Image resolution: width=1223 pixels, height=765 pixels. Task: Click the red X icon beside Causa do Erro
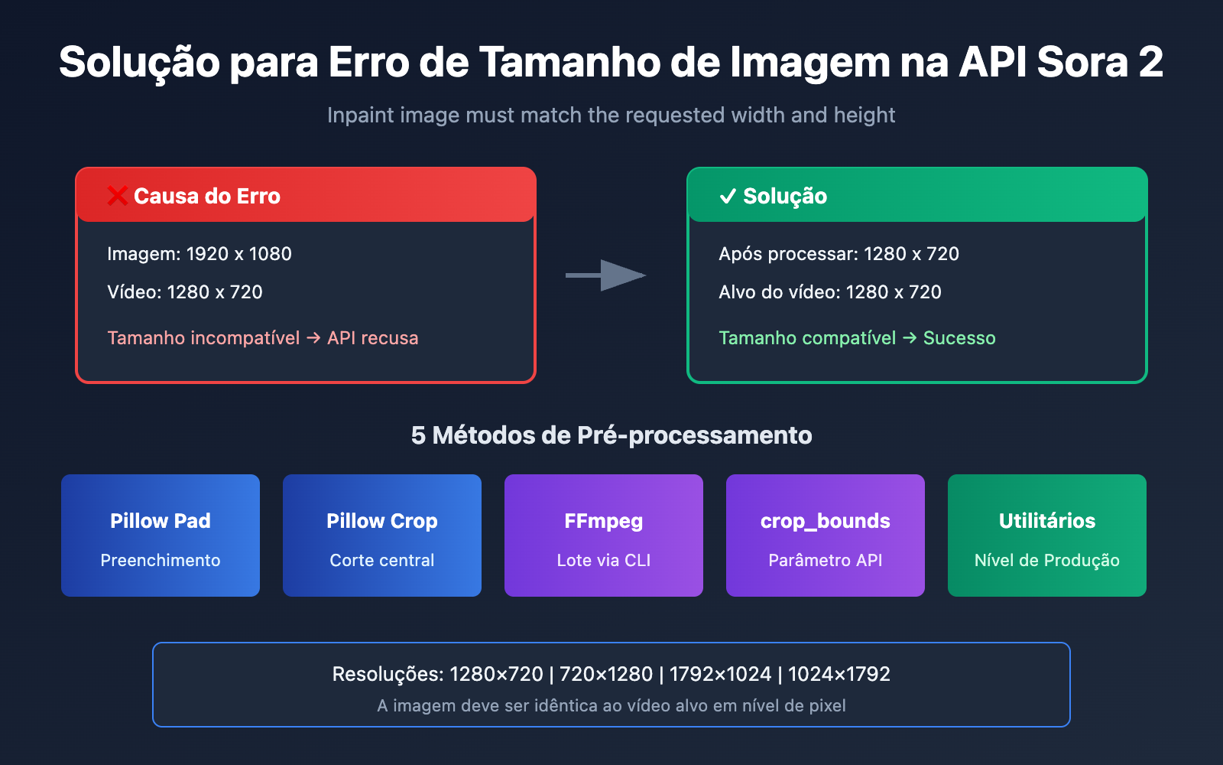(117, 196)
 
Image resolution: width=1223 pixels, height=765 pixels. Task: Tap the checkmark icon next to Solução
(728, 197)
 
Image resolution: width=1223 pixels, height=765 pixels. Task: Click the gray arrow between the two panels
(606, 275)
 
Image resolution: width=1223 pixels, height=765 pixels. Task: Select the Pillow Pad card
(161, 535)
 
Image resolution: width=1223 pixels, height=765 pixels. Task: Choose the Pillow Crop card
(382, 535)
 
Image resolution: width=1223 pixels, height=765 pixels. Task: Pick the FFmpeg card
(604, 535)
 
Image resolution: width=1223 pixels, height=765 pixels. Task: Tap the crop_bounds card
(826, 535)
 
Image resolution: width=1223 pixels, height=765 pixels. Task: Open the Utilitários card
(1047, 535)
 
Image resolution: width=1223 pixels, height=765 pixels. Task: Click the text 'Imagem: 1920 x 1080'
(200, 254)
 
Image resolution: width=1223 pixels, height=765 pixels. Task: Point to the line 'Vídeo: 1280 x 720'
(185, 292)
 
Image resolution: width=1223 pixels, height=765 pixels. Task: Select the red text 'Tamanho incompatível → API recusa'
(263, 338)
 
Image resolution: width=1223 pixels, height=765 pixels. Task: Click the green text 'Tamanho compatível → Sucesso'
(857, 338)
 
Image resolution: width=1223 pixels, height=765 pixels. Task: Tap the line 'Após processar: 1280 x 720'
(839, 254)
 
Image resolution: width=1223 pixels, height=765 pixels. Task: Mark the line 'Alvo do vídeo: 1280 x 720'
(830, 292)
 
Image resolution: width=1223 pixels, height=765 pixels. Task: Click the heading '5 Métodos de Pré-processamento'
(611, 435)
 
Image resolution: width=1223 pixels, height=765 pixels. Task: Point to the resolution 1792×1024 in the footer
(720, 674)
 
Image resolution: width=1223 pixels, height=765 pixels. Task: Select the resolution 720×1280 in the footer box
(606, 674)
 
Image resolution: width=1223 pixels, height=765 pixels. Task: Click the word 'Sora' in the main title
(1082, 62)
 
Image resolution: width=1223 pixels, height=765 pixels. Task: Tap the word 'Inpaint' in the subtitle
(355, 116)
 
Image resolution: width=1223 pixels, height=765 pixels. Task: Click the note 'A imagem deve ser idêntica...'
(611, 705)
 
